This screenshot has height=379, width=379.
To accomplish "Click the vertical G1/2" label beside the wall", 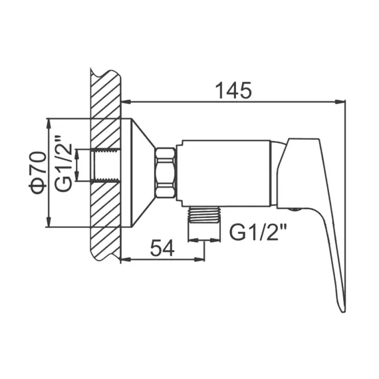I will pos(63,164).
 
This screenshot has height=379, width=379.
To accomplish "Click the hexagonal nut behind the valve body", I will pos(166,173).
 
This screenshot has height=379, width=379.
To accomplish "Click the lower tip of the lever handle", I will pos(341,307).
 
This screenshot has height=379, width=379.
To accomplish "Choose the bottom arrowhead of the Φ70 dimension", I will pos(49,223).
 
